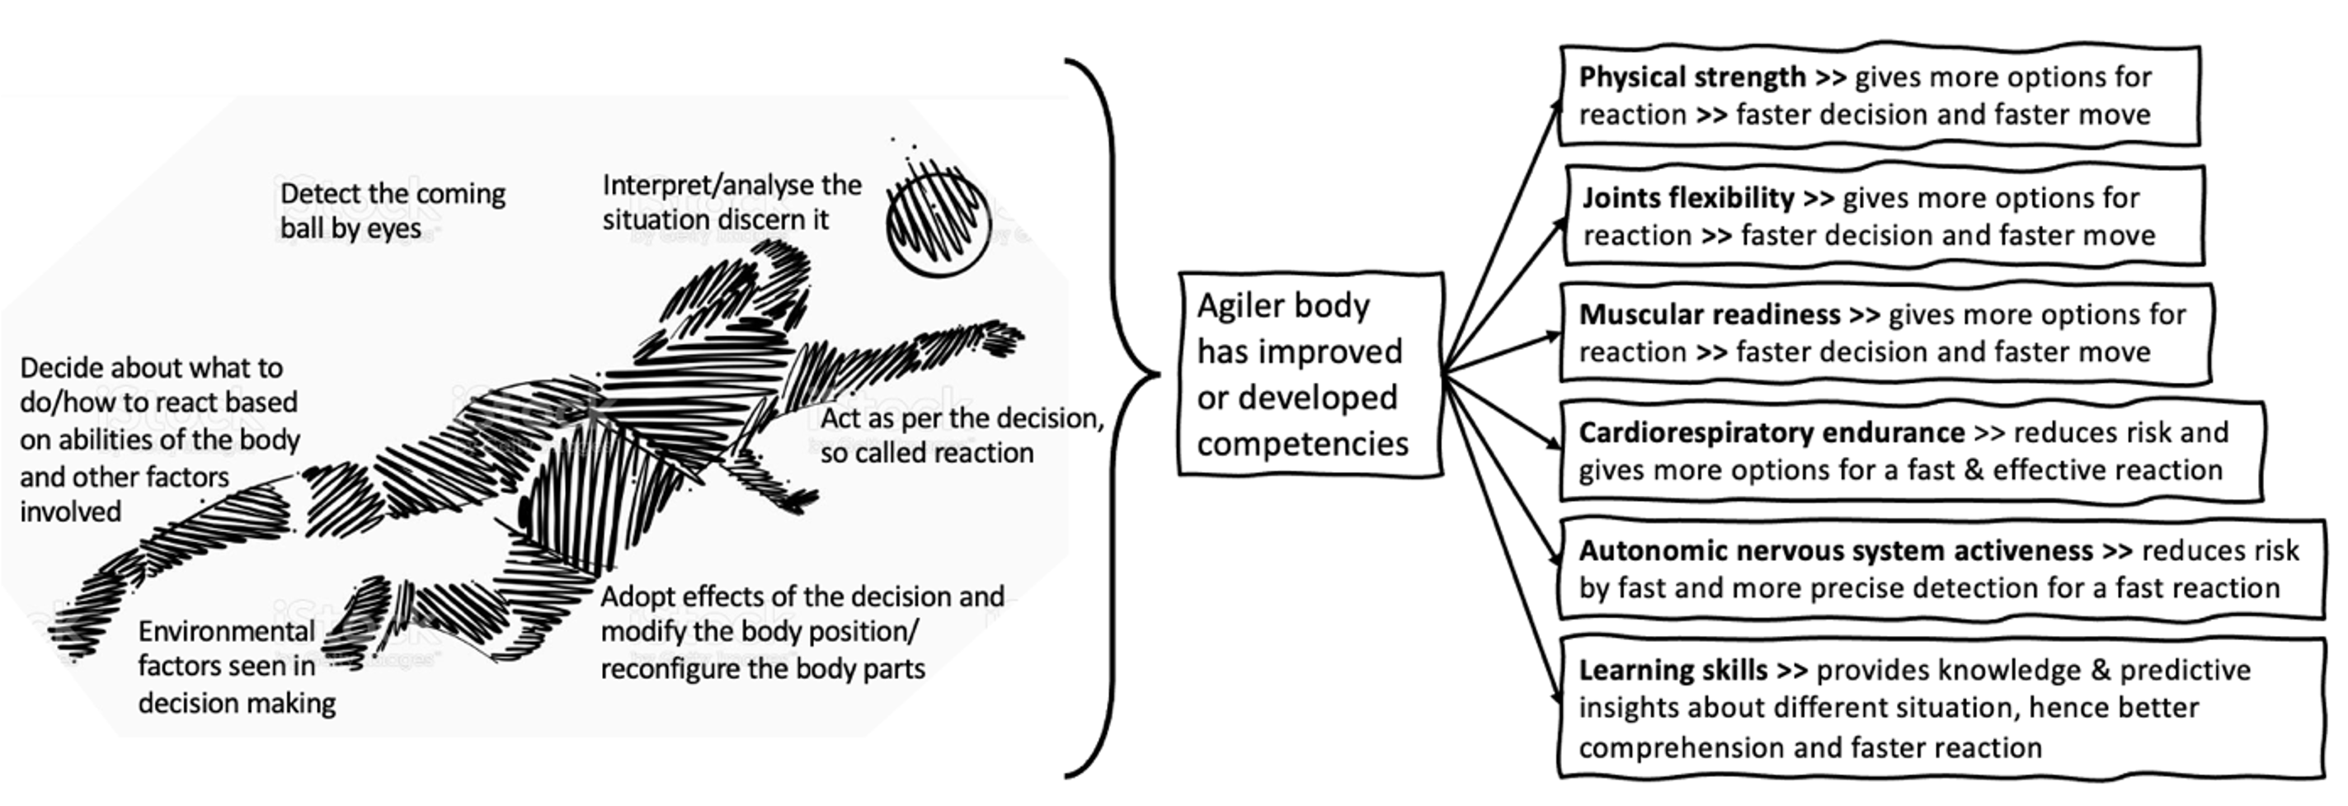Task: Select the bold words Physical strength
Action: click(1692, 78)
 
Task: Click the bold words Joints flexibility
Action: click(1688, 198)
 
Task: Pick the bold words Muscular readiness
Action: click(1709, 314)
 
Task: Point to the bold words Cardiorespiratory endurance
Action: click(1771, 432)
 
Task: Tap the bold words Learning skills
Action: click(1673, 670)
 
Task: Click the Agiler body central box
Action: click(1310, 374)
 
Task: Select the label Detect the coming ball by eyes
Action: click(392, 210)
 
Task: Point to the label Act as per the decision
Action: click(961, 435)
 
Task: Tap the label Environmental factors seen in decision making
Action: click(236, 667)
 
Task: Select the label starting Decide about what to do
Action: click(158, 440)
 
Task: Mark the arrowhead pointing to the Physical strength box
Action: click(1557, 107)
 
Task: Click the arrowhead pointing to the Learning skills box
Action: click(1557, 697)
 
